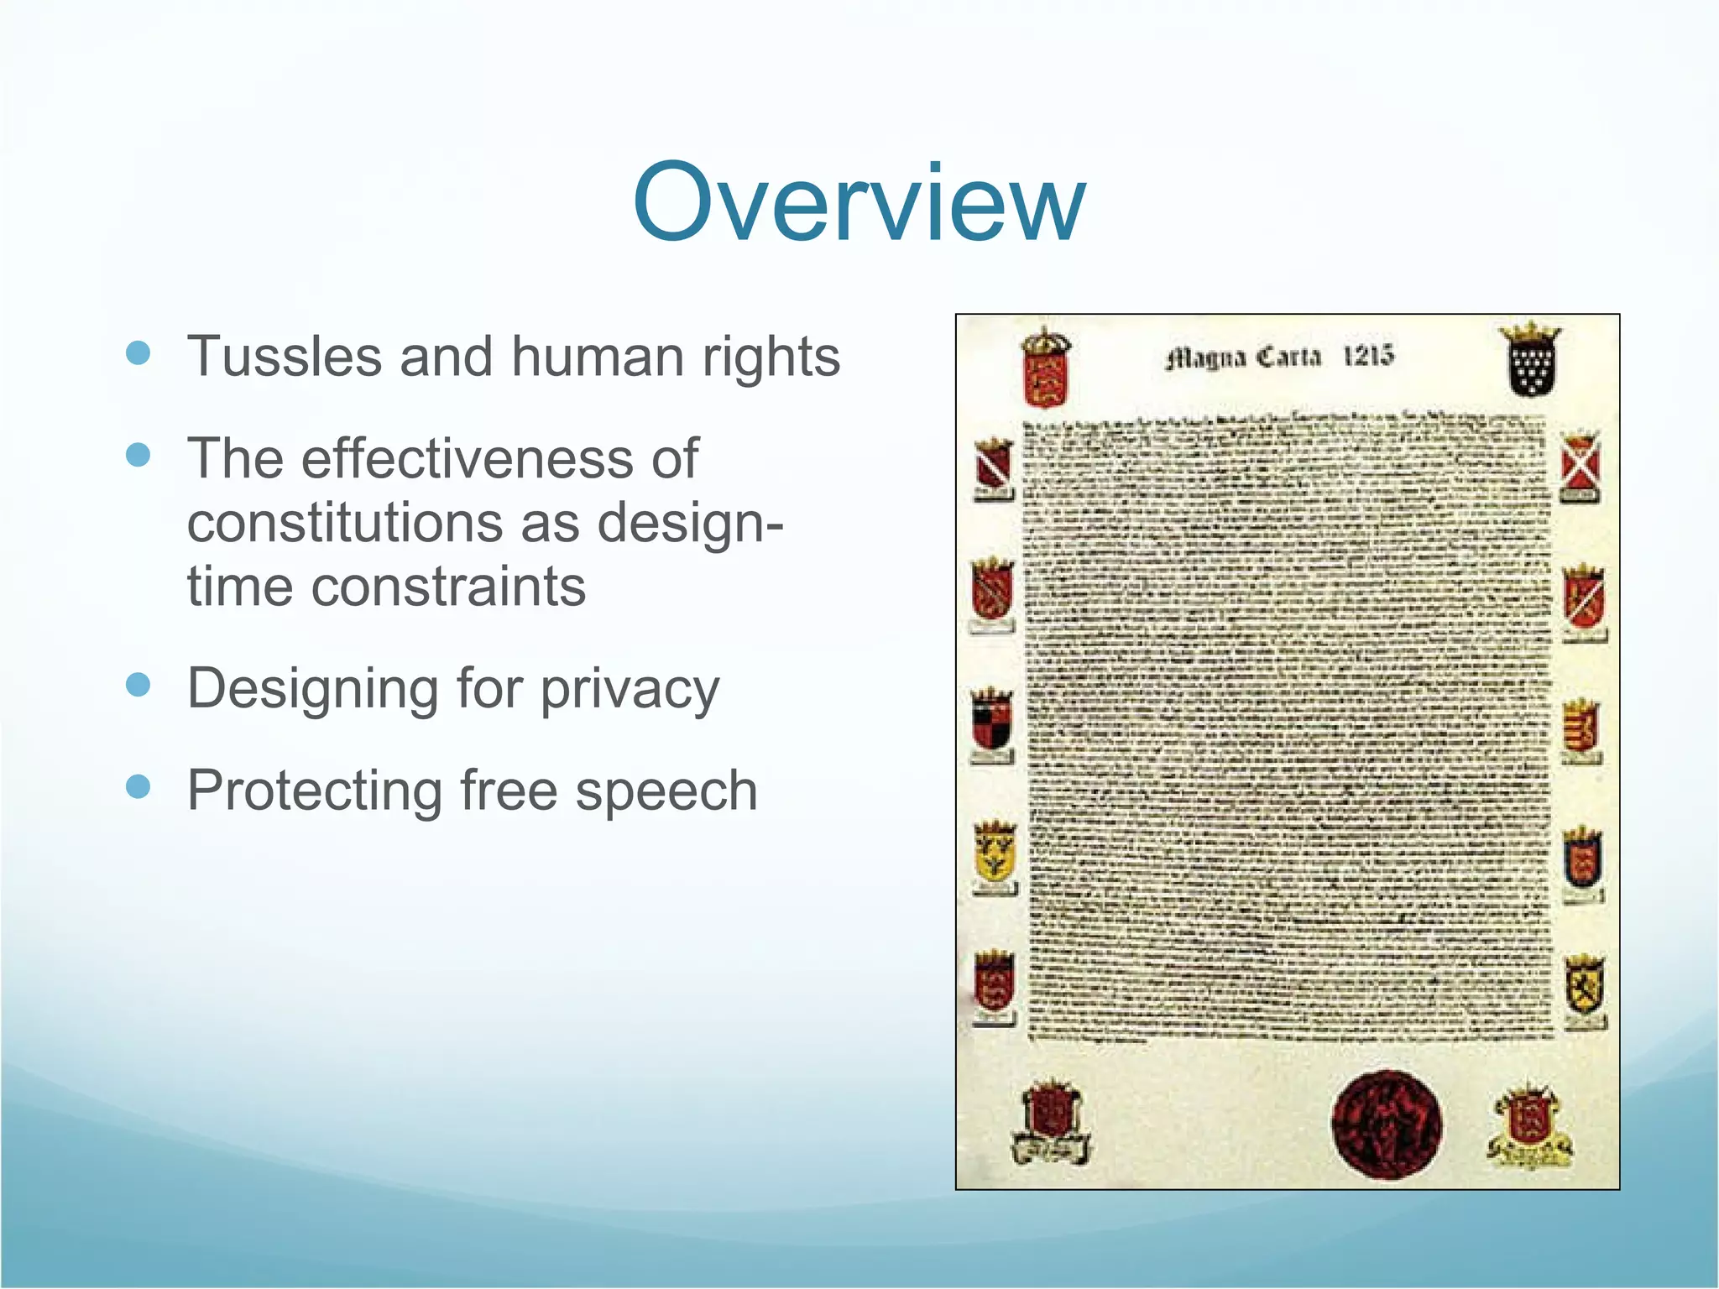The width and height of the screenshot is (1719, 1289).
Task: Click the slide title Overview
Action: click(x=859, y=203)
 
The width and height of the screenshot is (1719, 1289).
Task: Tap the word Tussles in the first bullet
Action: click(x=285, y=357)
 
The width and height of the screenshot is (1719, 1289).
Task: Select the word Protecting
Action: click(x=314, y=792)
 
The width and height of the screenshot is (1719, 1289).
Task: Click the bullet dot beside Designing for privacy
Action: click(x=138, y=685)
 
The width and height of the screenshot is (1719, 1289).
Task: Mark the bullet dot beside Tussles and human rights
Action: click(x=138, y=352)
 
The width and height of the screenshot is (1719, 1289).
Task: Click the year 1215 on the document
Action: click(x=1367, y=356)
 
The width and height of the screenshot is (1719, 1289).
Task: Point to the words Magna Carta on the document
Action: click(x=1243, y=358)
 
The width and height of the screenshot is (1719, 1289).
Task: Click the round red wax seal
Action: click(x=1387, y=1125)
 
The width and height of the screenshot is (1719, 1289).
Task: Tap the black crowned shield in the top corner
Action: click(x=1531, y=360)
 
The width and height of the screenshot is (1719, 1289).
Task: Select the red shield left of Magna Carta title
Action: click(x=1044, y=369)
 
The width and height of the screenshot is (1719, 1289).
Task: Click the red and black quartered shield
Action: click(x=992, y=722)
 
